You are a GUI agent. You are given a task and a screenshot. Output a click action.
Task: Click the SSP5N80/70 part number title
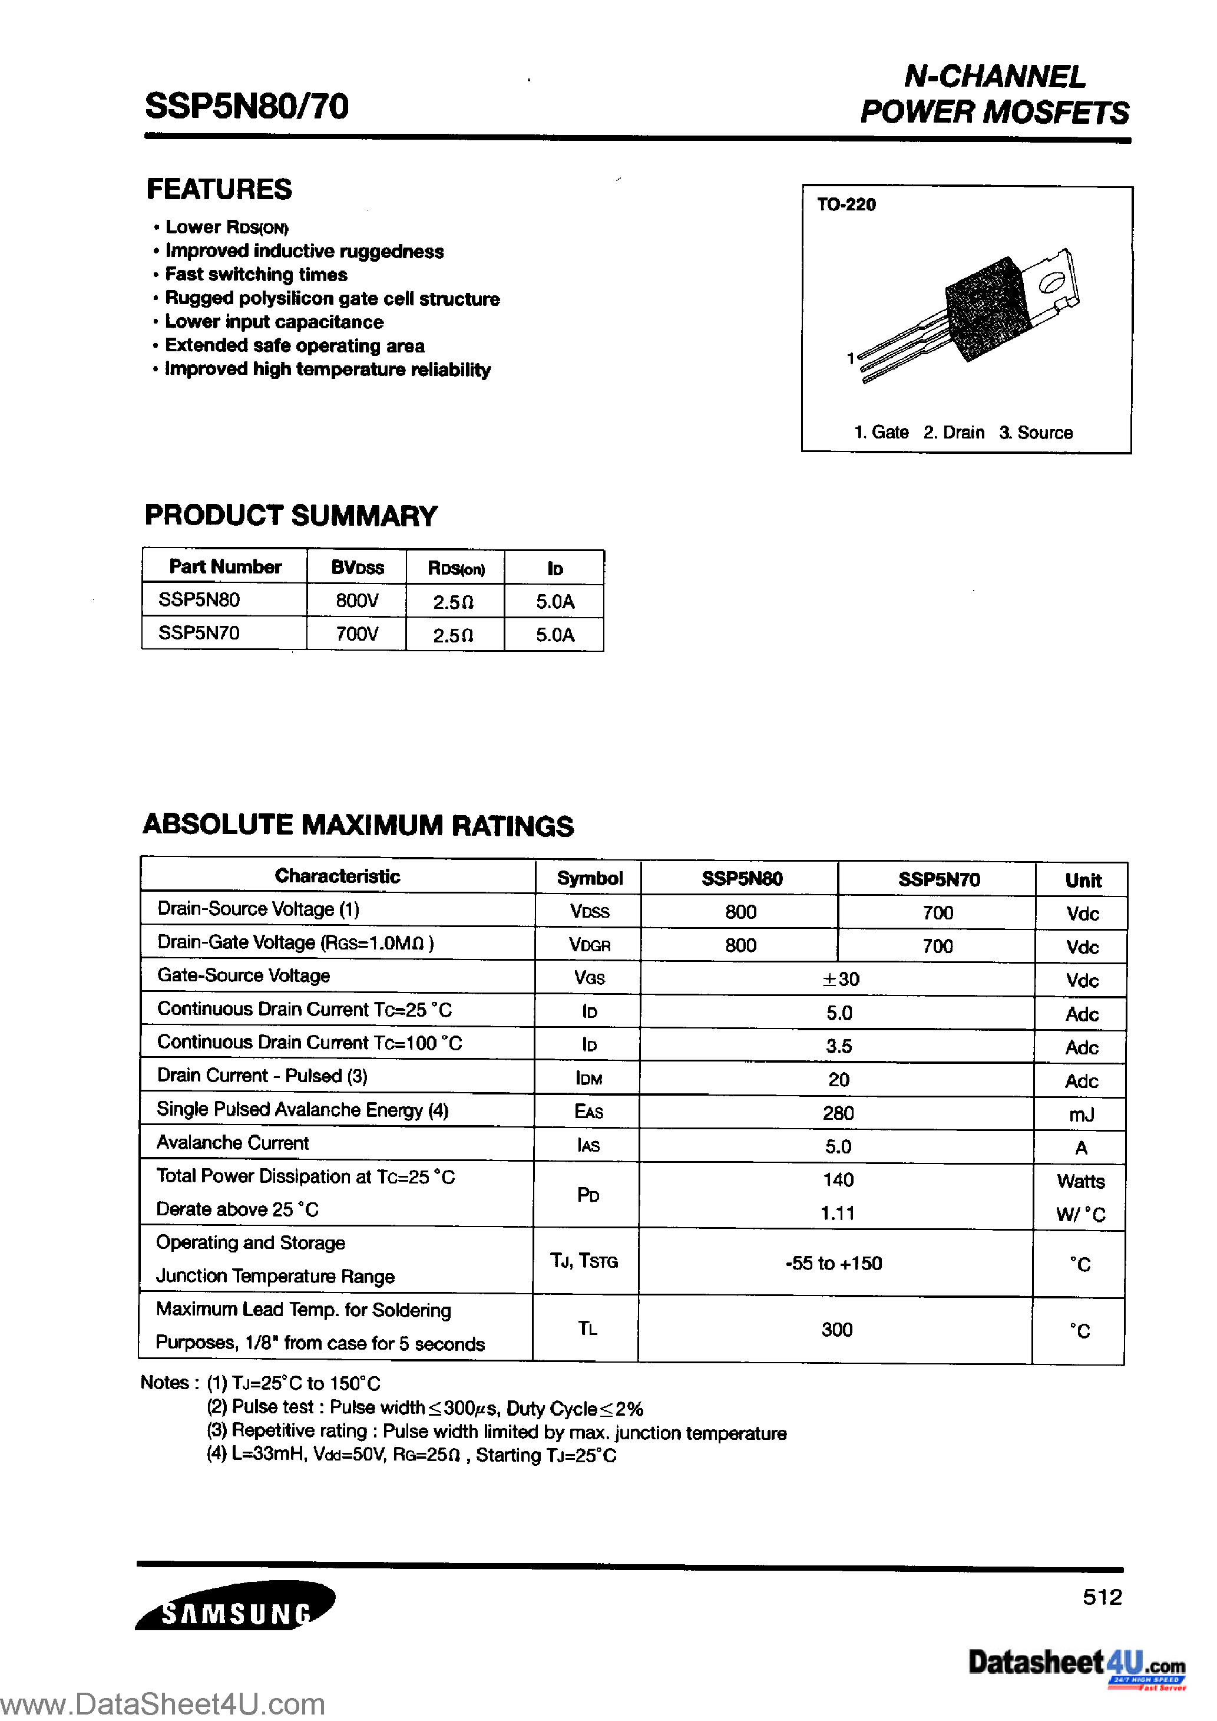(247, 107)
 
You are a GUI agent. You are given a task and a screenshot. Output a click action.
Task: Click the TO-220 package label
(846, 205)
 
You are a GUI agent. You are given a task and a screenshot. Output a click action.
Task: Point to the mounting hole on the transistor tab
(1051, 282)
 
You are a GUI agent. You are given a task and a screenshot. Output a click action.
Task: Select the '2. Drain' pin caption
(953, 433)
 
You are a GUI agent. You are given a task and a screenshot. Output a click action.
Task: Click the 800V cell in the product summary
(357, 601)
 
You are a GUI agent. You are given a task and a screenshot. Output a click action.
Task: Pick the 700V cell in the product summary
(357, 634)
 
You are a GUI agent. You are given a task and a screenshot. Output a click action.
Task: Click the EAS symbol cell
(588, 1112)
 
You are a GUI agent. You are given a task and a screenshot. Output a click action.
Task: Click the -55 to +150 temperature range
(834, 1263)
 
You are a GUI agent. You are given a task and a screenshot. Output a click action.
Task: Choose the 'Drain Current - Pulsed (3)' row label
(262, 1076)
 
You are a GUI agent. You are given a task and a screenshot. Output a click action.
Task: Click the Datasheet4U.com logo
(1076, 1665)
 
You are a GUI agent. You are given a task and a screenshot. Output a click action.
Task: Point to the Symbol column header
(589, 878)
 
